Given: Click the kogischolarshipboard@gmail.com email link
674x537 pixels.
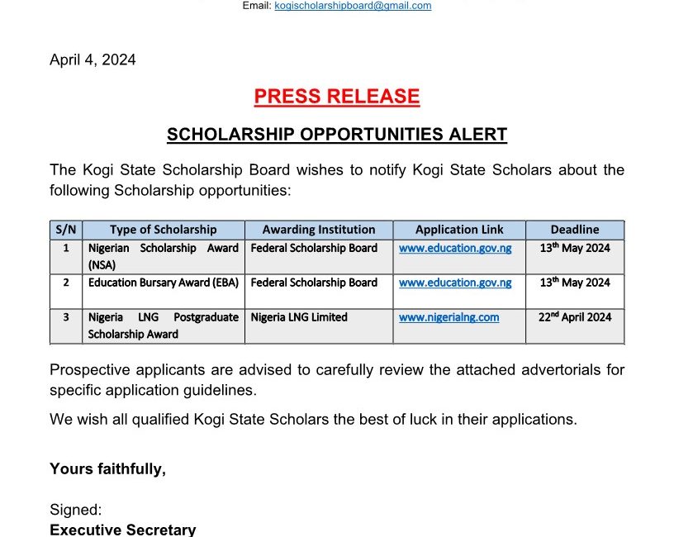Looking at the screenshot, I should [x=353, y=6].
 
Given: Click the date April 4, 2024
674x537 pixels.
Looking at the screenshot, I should [x=93, y=60].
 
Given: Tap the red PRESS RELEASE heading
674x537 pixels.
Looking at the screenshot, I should [x=337, y=97].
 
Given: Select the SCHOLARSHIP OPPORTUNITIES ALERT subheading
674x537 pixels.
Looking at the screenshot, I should [x=337, y=135].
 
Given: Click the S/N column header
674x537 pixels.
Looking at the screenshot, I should [x=66, y=230].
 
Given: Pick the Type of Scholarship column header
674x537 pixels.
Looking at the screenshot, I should [x=164, y=230].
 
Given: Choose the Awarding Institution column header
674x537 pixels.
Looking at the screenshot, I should [x=319, y=230].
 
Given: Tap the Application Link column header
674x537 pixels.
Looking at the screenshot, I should [x=459, y=230].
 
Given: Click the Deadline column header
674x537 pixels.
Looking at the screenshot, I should [x=575, y=230].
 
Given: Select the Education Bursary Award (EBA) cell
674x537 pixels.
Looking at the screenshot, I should [x=164, y=283].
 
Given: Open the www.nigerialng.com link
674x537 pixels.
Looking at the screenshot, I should [x=449, y=317].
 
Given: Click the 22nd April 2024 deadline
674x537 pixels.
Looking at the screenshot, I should [x=575, y=317].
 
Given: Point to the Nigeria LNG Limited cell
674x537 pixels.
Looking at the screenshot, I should [x=299, y=317].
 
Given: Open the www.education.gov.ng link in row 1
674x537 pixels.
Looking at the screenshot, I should [x=455, y=248].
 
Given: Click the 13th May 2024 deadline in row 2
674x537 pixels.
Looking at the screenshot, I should [x=575, y=283].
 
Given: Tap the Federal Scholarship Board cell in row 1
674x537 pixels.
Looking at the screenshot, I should [x=314, y=248].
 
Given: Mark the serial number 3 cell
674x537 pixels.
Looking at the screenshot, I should [x=66, y=317].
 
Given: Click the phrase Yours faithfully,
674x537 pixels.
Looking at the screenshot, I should [x=107, y=469].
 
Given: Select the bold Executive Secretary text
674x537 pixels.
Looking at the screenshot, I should [x=123, y=530].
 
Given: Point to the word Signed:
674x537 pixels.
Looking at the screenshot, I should [x=75, y=511].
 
